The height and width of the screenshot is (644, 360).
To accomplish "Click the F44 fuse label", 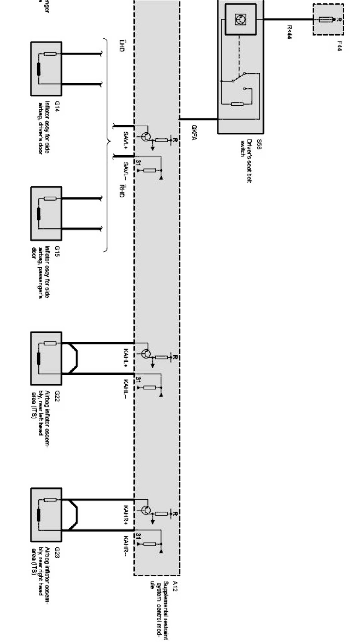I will click(x=339, y=46).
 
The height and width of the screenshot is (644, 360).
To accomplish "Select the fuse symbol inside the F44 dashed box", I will click(x=326, y=20).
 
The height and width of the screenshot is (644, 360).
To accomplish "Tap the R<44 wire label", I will click(x=290, y=32).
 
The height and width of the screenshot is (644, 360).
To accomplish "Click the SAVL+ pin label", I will click(x=126, y=139).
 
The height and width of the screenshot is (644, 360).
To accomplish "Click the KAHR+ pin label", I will click(x=126, y=514).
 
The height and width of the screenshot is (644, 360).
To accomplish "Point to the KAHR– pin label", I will click(x=126, y=546).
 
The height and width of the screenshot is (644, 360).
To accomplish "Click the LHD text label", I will click(x=121, y=45).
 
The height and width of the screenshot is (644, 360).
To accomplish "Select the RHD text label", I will click(x=121, y=191).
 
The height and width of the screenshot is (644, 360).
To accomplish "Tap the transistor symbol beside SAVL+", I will click(x=146, y=137).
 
